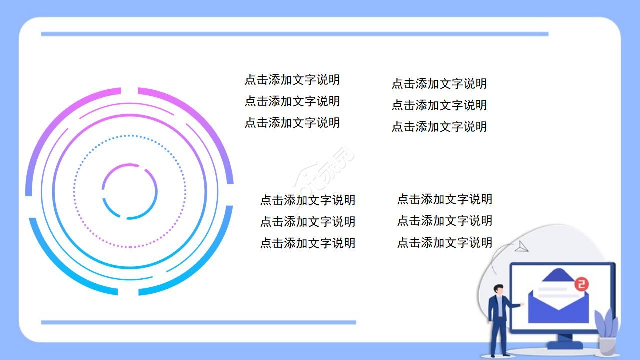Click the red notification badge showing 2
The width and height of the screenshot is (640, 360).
click(x=581, y=285)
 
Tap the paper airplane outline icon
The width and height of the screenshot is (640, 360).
click(x=521, y=246)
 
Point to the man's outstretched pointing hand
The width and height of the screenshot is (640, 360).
click(x=522, y=303)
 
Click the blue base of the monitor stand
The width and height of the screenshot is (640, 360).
click(x=565, y=345)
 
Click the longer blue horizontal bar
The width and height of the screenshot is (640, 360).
click(x=295, y=34)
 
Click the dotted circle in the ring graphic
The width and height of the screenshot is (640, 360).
click(x=130, y=136)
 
